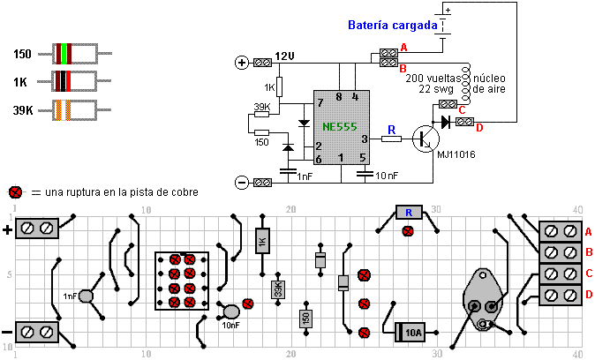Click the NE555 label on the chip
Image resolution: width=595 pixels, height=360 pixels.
point(340,127)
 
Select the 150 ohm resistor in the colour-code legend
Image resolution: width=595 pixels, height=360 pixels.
point(73,54)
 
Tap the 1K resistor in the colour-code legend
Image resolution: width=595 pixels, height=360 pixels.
point(73,82)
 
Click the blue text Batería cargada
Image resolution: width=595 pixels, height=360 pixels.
point(393,26)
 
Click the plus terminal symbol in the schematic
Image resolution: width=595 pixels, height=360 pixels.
point(241,63)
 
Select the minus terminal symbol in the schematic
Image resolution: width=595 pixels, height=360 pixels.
point(241,183)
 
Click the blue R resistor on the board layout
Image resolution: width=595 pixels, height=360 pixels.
point(408,213)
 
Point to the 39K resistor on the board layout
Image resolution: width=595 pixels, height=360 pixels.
point(277,289)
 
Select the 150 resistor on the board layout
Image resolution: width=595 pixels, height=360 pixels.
point(305,319)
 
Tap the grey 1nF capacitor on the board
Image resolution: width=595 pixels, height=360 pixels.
point(86,296)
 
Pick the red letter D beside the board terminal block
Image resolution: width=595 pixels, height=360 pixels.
point(589,294)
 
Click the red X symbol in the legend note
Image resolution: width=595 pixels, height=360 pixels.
point(15,192)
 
